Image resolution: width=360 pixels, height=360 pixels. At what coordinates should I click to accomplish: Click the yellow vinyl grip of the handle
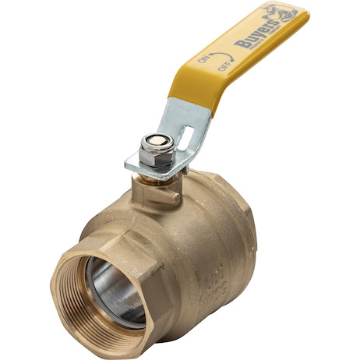click(234, 47)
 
